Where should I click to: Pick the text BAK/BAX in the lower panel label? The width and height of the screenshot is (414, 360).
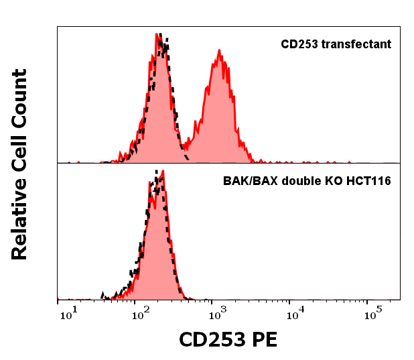pos(245,181)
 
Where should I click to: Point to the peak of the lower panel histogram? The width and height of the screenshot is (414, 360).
pos(163,171)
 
